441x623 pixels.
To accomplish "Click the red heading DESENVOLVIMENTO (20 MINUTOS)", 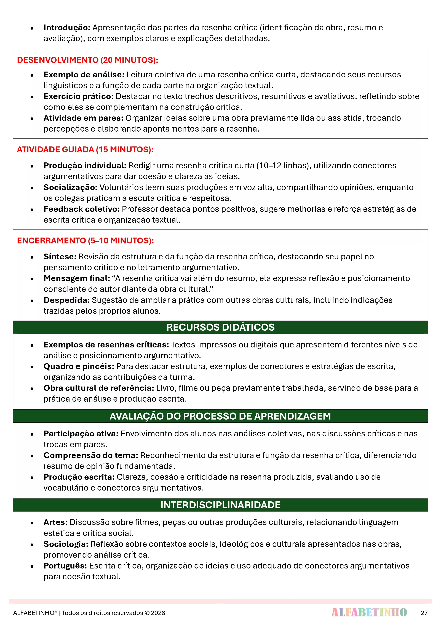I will click(x=87, y=60).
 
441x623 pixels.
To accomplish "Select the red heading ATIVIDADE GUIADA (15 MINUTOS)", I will click(x=85, y=149).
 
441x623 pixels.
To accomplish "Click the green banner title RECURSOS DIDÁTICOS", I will click(x=220, y=327).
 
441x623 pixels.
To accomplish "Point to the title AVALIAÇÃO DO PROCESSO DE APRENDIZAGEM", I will click(x=220, y=416).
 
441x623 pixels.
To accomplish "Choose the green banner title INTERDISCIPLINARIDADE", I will click(x=220, y=505).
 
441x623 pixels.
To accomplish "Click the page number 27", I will click(x=424, y=613).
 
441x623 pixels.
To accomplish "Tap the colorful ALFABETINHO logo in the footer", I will click(x=369, y=612).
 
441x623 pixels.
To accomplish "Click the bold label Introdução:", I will click(x=67, y=28).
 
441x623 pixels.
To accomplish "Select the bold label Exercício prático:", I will click(x=79, y=96).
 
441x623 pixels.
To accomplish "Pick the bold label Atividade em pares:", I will click(x=83, y=118).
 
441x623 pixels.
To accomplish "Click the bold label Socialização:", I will click(x=70, y=187).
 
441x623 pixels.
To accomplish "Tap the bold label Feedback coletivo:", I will click(x=82, y=209).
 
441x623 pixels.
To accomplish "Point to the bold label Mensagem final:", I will click(x=77, y=278).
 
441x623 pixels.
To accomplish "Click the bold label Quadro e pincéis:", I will click(x=79, y=366).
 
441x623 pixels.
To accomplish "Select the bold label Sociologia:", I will click(x=66, y=544).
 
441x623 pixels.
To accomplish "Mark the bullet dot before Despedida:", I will click(x=32, y=301).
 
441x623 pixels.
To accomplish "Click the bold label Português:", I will click(x=65, y=566).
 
